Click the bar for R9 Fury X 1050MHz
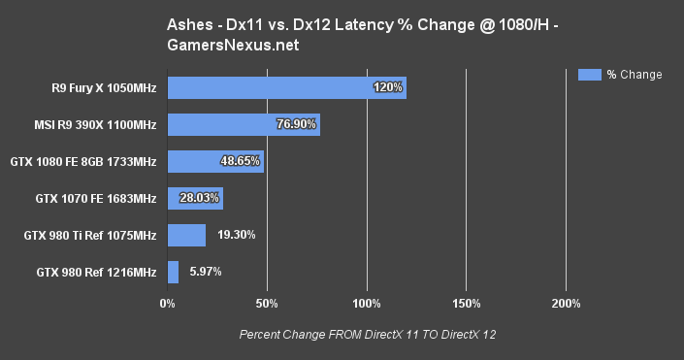pyautogui.click(x=286, y=88)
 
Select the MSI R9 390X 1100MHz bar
pyautogui.click(x=243, y=124)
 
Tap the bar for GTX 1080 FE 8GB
pyautogui.click(x=215, y=161)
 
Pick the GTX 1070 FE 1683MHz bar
pyautogui.click(x=195, y=198)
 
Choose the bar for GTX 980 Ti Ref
pyautogui.click(x=186, y=235)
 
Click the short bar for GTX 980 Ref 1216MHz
pyautogui.click(x=173, y=272)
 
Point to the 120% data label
pyautogui.click(x=388, y=88)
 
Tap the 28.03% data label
pyautogui.click(x=198, y=198)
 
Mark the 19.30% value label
pyautogui.click(x=237, y=235)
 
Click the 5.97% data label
pyautogui.click(x=206, y=272)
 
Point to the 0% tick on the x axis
pyautogui.click(x=168, y=305)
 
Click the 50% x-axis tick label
pyautogui.click(x=267, y=305)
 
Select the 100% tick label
pyautogui.click(x=367, y=305)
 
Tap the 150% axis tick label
pyautogui.click(x=466, y=305)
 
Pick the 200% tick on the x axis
pyautogui.click(x=566, y=305)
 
